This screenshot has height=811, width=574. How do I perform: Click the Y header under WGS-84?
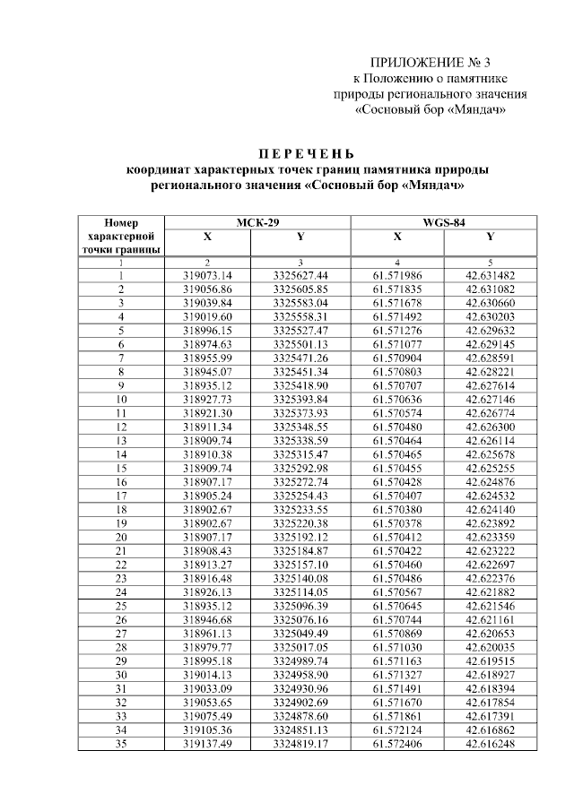[x=490, y=237]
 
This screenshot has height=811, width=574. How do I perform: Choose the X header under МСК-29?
[x=207, y=237]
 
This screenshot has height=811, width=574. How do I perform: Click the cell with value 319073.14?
[x=207, y=275]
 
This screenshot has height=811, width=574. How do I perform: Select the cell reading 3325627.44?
[x=300, y=275]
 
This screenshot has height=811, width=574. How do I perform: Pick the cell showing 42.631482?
[x=490, y=275]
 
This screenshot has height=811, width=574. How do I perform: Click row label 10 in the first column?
[x=121, y=399]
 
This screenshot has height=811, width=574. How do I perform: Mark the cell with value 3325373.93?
[x=300, y=413]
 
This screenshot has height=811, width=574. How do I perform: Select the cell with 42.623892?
[x=490, y=522]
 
